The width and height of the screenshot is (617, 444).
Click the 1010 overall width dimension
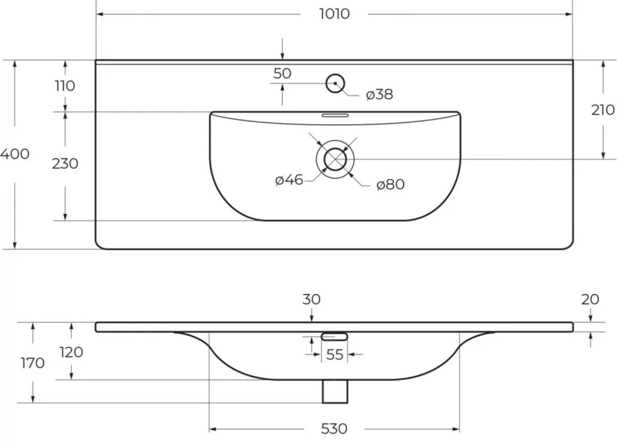tap(334, 14)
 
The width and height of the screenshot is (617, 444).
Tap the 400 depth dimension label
tap(15, 154)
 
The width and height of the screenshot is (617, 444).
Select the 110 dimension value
tap(65, 85)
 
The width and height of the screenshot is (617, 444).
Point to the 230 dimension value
tap(65, 163)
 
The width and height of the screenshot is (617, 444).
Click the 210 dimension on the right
tap(603, 110)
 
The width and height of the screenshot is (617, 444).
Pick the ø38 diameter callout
tap(379, 94)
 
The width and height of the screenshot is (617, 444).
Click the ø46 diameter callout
tap(289, 180)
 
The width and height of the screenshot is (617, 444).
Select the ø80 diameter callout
tap(390, 184)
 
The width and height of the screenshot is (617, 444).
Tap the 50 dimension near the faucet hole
tap(282, 73)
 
